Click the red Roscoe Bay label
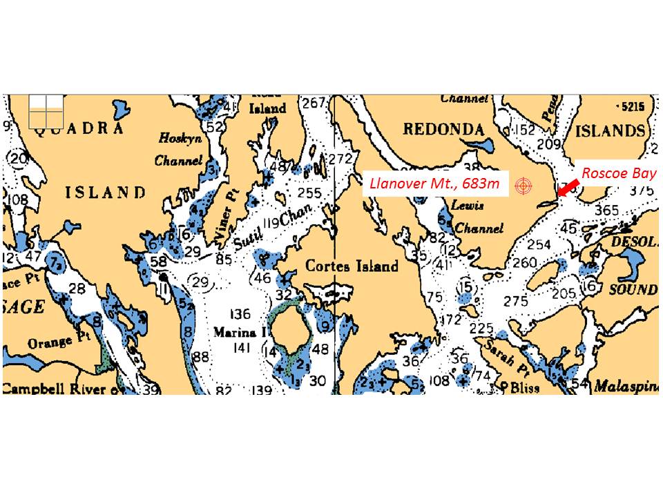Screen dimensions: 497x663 point(618,173)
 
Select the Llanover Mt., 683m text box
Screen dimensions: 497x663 point(436,184)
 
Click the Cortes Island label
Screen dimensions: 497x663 point(352,266)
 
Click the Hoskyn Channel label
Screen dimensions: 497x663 point(180,149)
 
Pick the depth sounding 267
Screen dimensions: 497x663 point(314,104)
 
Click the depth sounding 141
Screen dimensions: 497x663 point(241,348)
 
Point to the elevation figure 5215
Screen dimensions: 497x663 point(632,106)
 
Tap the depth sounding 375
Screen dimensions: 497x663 point(642,191)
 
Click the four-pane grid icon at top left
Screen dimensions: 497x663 point(46,110)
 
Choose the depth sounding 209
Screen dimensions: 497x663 point(548,144)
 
